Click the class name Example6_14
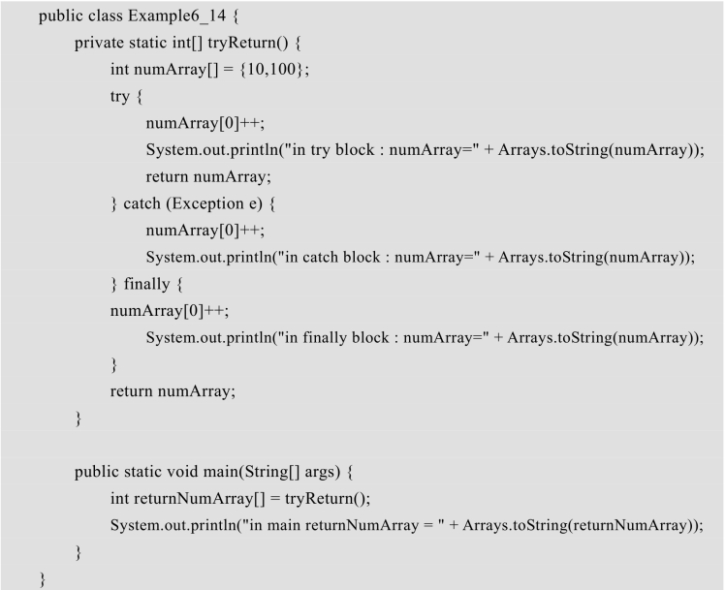[x=177, y=16]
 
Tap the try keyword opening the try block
[x=120, y=97]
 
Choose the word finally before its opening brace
[x=147, y=283]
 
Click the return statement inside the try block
[x=208, y=177]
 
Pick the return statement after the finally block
[x=173, y=391]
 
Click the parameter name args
[x=320, y=472]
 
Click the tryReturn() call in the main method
[x=326, y=499]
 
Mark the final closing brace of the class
[x=43, y=579]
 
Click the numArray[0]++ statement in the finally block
[x=170, y=310]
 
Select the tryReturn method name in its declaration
[x=241, y=43]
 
